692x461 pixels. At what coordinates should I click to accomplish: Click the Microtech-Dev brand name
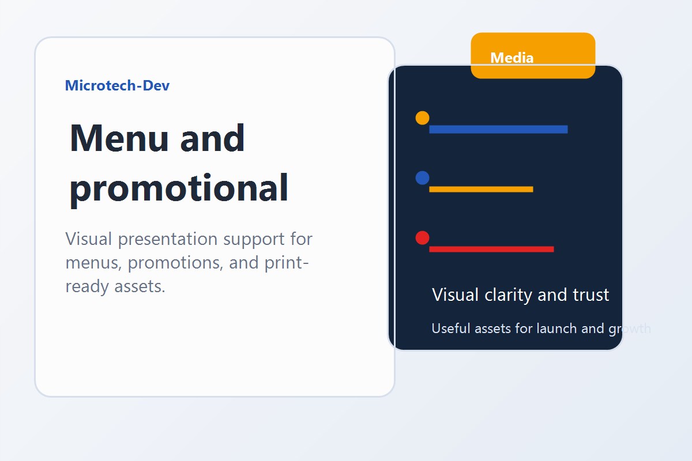pyautogui.click(x=117, y=86)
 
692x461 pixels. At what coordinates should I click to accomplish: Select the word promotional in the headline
pyautogui.click(x=179, y=189)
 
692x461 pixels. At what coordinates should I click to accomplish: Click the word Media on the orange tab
pyautogui.click(x=512, y=58)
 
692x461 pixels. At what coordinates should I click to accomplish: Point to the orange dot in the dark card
pyautogui.click(x=422, y=118)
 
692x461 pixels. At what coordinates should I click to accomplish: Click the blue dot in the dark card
pyautogui.click(x=422, y=178)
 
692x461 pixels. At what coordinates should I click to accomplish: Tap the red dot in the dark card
pyautogui.click(x=422, y=238)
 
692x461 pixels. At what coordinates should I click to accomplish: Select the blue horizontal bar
pyautogui.click(x=498, y=129)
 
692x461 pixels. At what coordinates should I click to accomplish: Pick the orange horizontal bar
pyautogui.click(x=481, y=189)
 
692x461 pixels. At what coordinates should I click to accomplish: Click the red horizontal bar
pyautogui.click(x=491, y=249)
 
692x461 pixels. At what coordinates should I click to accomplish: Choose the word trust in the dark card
pyautogui.click(x=591, y=295)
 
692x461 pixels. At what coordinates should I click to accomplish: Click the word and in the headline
pyautogui.click(x=213, y=139)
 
